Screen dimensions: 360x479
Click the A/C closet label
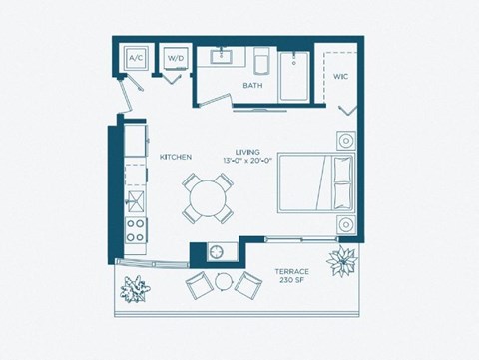[136, 59]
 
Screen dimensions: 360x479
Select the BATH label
[253, 86]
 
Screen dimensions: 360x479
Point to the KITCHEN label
[176, 157]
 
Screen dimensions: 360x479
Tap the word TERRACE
[292, 272]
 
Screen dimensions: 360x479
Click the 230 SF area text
[292, 282]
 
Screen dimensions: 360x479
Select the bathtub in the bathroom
[294, 76]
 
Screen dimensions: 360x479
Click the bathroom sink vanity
[222, 57]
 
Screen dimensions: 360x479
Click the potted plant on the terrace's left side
[133, 290]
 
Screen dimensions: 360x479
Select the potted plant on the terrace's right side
[345, 264]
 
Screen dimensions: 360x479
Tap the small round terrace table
[223, 282]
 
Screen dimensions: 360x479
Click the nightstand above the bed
[344, 141]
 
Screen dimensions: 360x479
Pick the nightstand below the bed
[344, 222]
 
